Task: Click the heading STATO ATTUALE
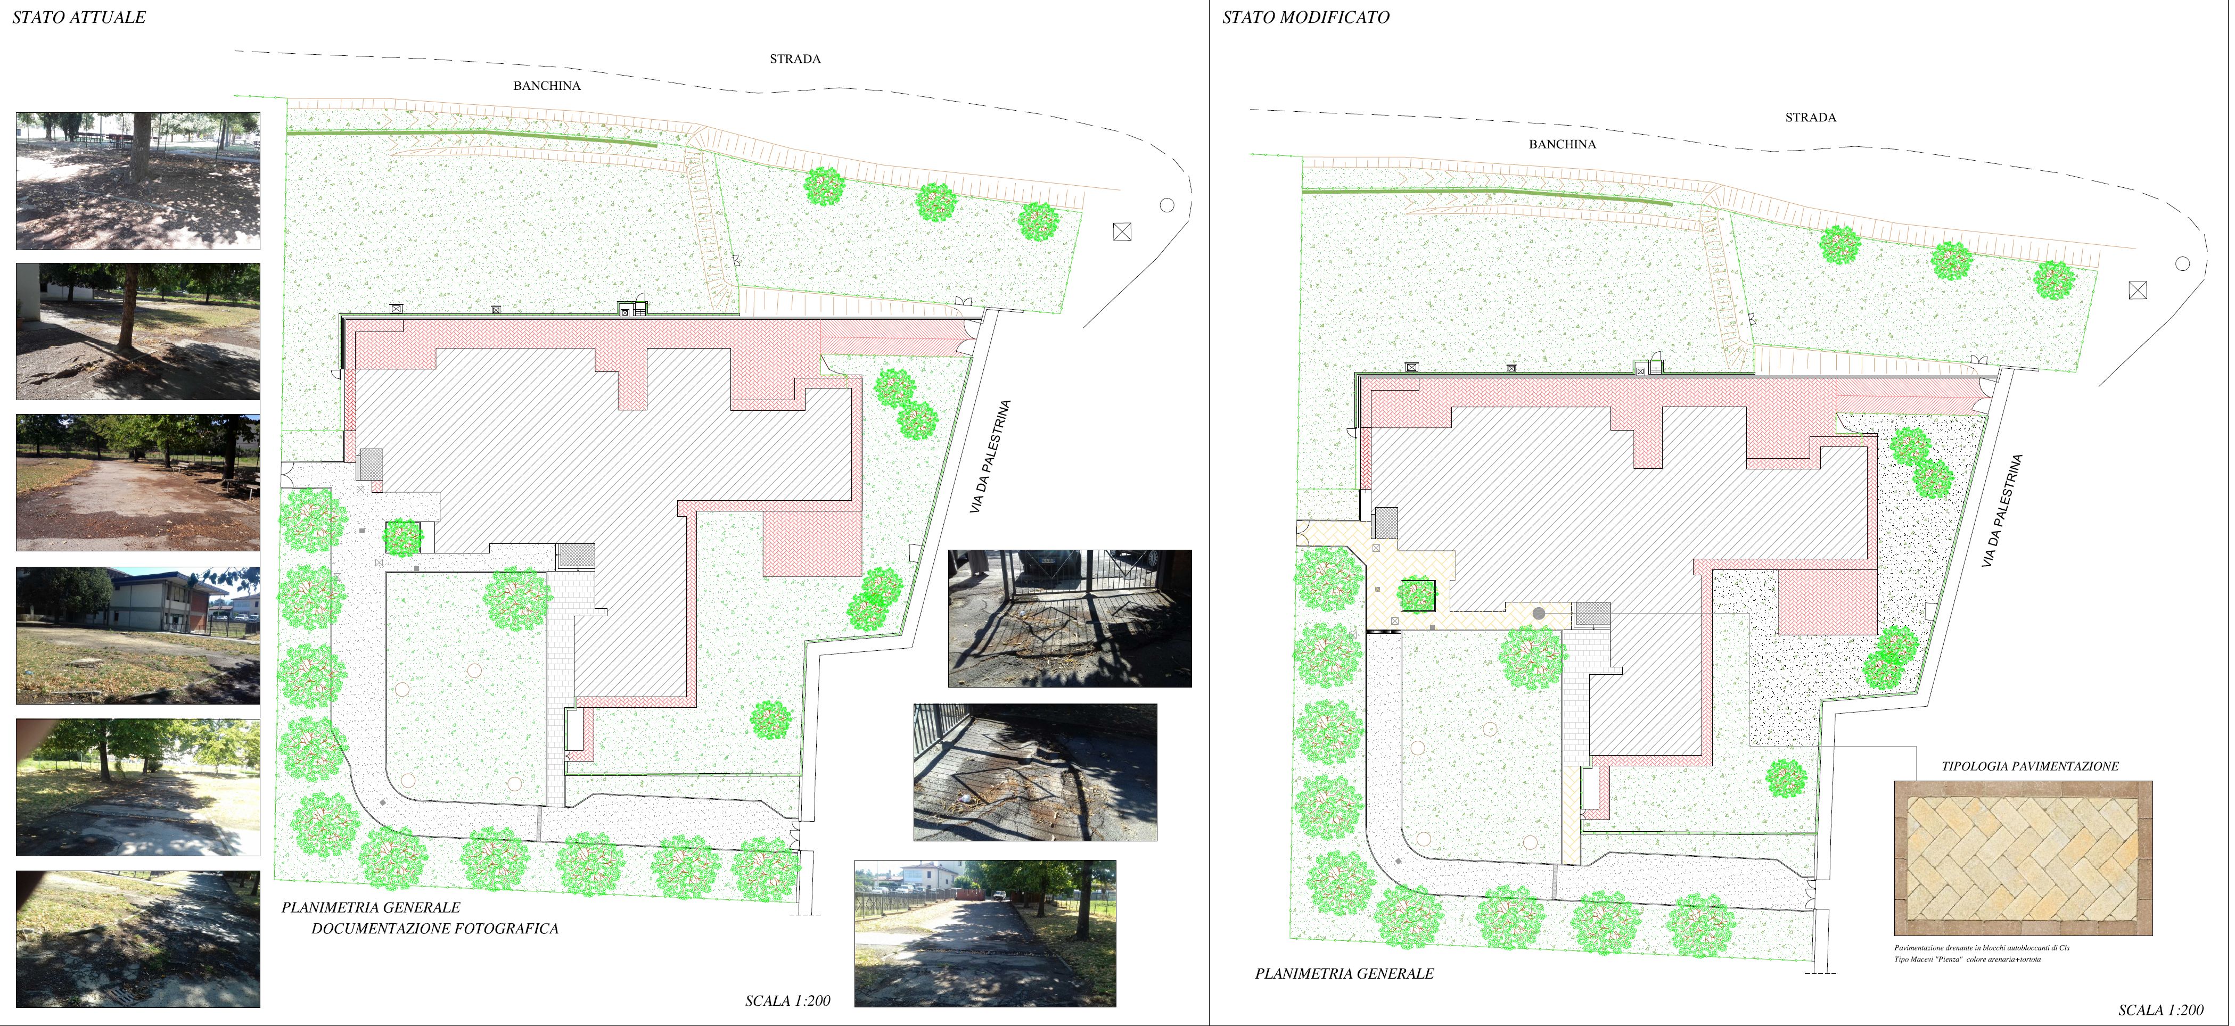coord(79,18)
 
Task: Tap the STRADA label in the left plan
coord(795,59)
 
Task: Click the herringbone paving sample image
coord(2023,858)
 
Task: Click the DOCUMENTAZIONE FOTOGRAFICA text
coord(434,928)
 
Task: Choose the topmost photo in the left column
coord(138,180)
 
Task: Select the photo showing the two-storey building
coord(138,636)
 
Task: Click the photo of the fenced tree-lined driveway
coord(985,933)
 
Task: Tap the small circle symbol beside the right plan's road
coord(2182,263)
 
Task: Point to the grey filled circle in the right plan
coord(1538,613)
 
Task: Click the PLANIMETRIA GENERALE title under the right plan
coord(1344,974)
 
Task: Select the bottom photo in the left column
coord(138,939)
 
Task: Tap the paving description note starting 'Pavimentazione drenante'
coord(1982,953)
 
